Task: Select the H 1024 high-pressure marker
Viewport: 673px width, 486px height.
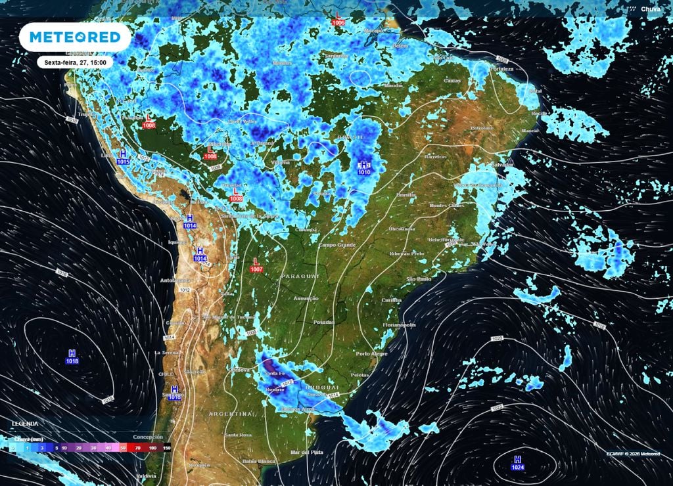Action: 517,462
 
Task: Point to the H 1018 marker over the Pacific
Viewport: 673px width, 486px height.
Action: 72,357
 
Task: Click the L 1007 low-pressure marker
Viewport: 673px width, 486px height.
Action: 256,265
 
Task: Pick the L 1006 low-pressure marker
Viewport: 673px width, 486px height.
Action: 338,18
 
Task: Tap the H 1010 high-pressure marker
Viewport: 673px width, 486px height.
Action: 364,167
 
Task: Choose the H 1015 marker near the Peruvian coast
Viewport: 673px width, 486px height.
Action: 123,157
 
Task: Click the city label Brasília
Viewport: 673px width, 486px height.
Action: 406,195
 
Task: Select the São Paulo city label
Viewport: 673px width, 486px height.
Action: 418,278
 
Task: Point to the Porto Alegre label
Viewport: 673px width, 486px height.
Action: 371,354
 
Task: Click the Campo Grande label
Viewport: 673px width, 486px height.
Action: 336,245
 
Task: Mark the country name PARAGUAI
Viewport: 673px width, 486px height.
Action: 300,276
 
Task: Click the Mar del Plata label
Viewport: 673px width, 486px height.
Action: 307,453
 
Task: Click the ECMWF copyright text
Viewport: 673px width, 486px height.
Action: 633,453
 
